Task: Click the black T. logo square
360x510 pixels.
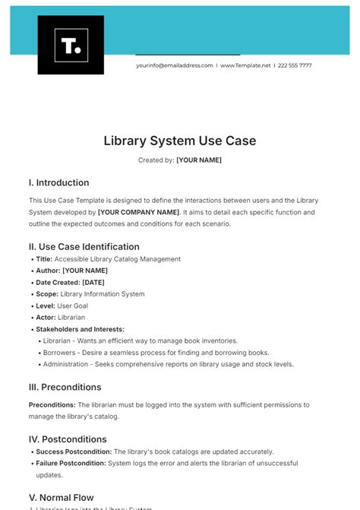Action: [71, 45]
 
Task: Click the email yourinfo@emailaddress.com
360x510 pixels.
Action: [175, 65]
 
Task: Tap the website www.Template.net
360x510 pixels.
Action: [245, 65]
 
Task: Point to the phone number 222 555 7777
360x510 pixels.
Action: [295, 65]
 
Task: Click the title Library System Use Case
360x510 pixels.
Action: [180, 141]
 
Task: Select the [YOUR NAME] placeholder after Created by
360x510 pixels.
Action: [199, 160]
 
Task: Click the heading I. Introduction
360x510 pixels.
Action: [58, 182]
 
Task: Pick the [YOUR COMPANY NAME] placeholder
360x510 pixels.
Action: [139, 212]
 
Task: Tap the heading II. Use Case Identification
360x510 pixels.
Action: [84, 246]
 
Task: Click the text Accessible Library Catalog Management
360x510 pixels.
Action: [117, 259]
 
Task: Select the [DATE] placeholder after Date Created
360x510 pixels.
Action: [93, 282]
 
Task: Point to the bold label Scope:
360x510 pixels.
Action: [47, 294]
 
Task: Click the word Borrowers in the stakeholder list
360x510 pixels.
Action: [61, 353]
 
